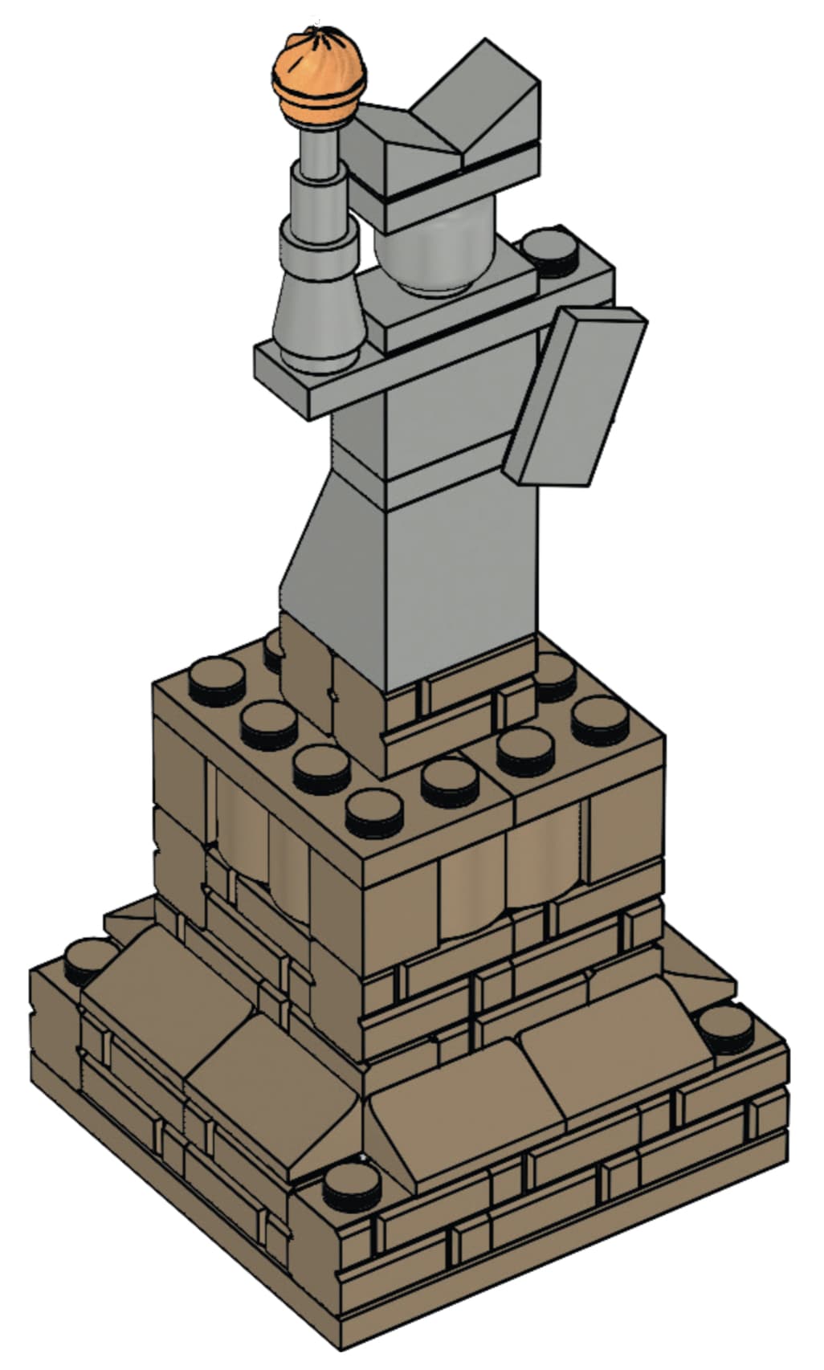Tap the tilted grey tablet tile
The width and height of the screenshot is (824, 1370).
(x=575, y=397)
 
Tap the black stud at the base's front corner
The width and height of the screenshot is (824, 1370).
(x=353, y=1184)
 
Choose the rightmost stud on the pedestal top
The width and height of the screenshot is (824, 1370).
(x=602, y=719)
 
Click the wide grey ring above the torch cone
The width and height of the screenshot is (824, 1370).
(x=318, y=240)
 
